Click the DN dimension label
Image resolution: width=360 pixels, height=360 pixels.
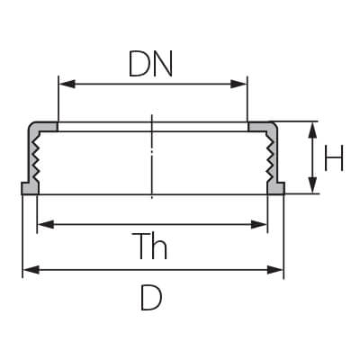click(150, 63)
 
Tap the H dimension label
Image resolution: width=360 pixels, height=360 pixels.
click(334, 158)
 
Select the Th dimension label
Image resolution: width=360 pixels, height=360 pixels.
click(153, 246)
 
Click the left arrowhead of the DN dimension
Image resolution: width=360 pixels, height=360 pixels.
click(67, 84)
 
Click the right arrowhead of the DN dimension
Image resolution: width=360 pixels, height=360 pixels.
click(238, 84)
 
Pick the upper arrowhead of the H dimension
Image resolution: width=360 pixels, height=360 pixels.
click(312, 130)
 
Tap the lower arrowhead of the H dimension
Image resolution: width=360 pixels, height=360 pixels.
click(312, 185)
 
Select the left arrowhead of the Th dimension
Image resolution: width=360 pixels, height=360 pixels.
click(46, 224)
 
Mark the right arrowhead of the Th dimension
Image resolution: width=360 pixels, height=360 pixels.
click(258, 224)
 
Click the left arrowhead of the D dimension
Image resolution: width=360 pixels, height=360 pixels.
click(31, 270)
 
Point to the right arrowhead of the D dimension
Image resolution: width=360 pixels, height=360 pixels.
click(275, 270)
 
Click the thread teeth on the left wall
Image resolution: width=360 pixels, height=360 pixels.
click(36, 157)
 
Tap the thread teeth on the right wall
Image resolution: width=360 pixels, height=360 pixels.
click(270, 157)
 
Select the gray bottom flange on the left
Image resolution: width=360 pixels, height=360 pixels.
click(30, 188)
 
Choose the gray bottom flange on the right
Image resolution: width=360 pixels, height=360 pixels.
click(275, 188)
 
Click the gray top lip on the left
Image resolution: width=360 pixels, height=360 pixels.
click(45, 127)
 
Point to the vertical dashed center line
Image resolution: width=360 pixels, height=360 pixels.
click(152, 157)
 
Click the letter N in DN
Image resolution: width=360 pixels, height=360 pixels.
click(163, 63)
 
